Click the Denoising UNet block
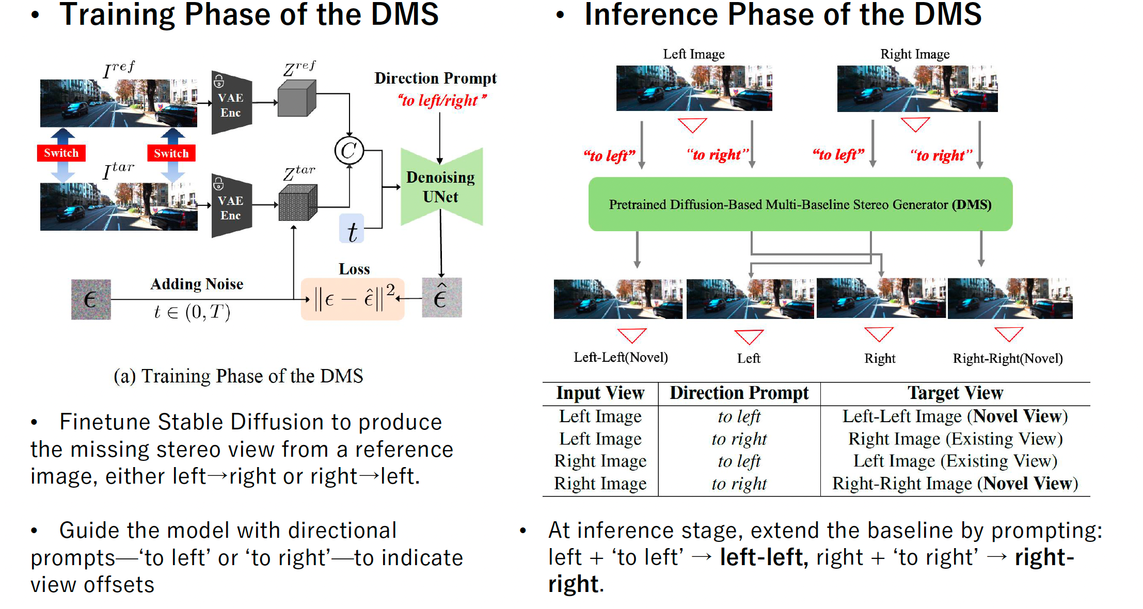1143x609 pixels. [x=441, y=187]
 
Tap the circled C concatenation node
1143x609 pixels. [x=349, y=151]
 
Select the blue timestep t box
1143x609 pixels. [x=352, y=229]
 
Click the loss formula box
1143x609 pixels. [x=353, y=299]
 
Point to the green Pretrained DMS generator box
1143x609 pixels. [x=800, y=204]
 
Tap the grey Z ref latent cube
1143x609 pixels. [x=297, y=99]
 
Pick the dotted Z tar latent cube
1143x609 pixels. [x=297, y=203]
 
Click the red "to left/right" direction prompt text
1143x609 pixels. [x=441, y=100]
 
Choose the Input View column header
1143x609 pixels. [x=600, y=393]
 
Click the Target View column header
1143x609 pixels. [x=955, y=393]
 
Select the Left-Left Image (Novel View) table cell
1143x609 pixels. [x=955, y=416]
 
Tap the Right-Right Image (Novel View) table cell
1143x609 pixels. [x=955, y=484]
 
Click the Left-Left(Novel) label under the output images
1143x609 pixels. [x=621, y=358]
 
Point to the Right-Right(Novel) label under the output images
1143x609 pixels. [x=1008, y=358]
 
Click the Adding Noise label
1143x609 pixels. [x=197, y=284]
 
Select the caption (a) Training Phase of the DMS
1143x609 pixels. [x=239, y=376]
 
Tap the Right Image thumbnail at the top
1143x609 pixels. [x=917, y=88]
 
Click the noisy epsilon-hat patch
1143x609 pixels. [x=442, y=298]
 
